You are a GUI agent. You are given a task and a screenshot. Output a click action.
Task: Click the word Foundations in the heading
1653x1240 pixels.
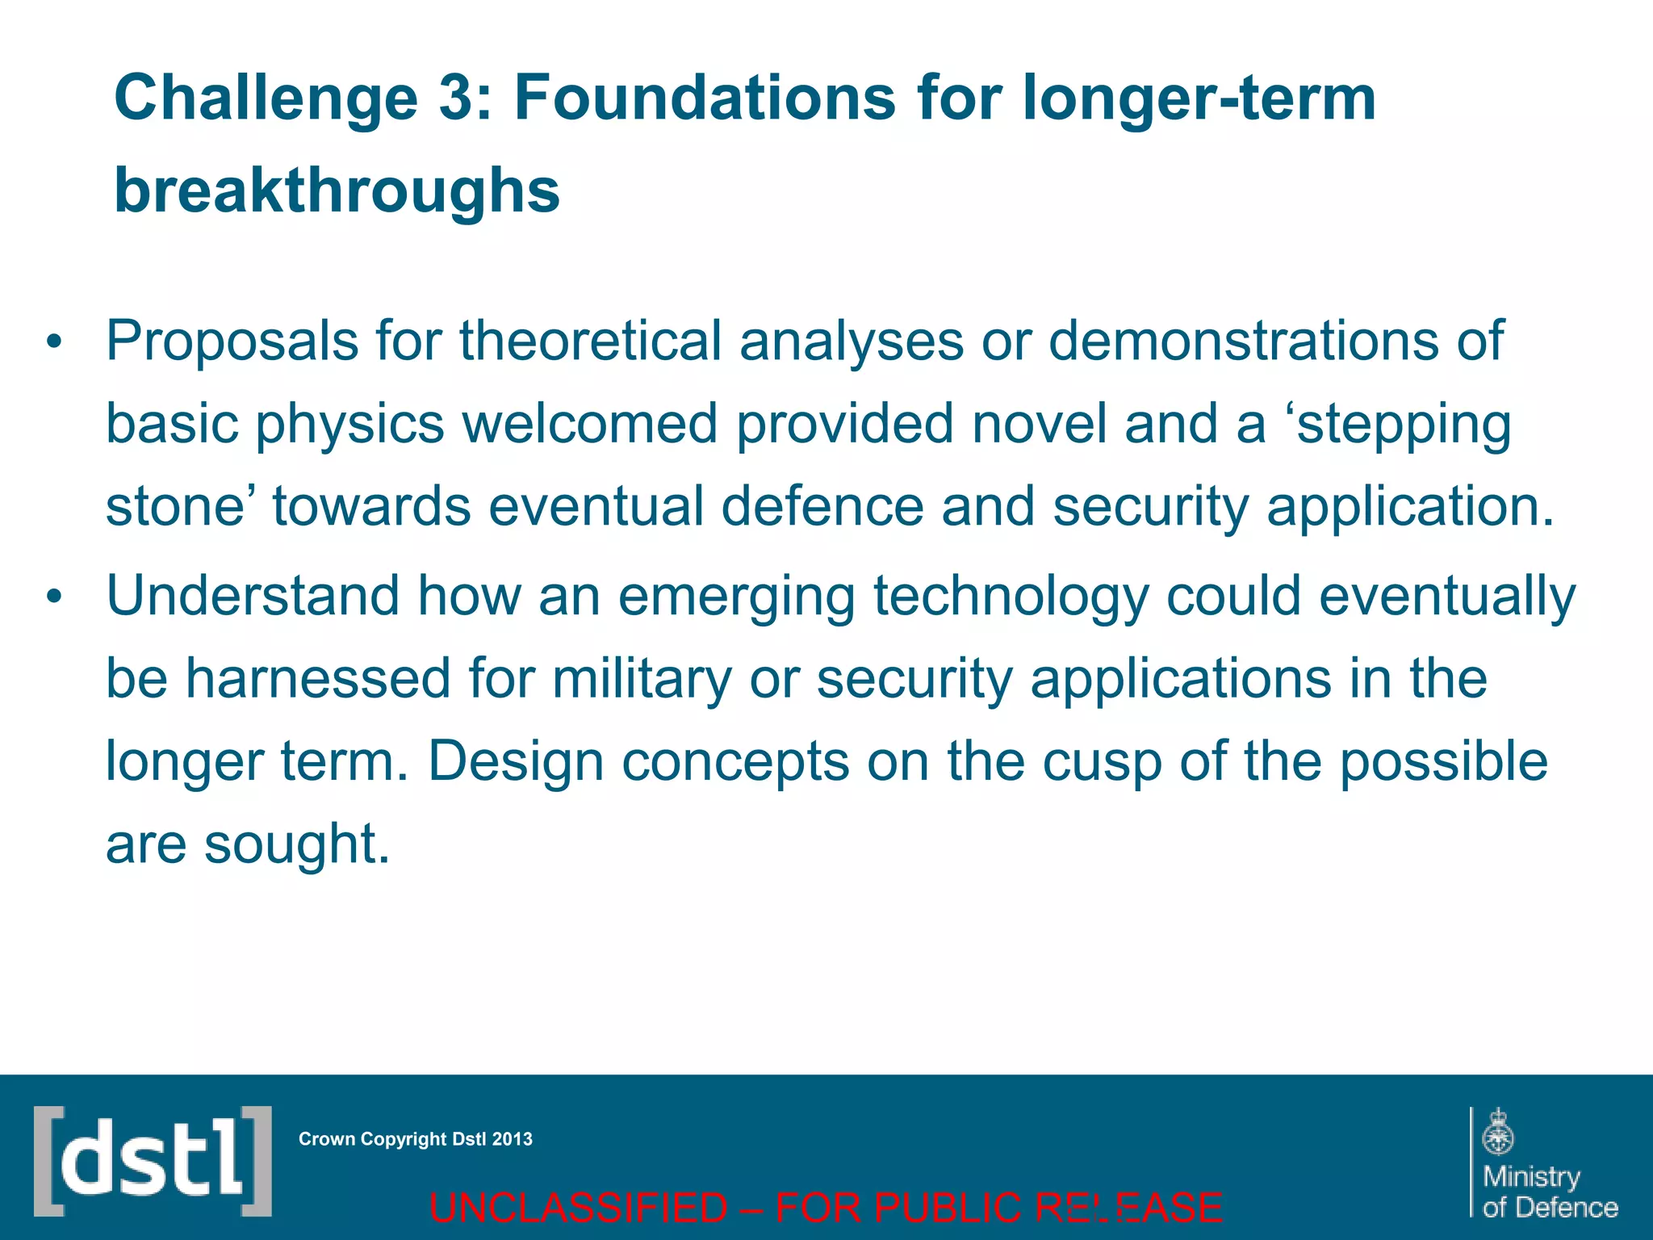pos(705,98)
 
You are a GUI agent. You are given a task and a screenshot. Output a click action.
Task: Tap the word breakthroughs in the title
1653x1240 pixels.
pos(337,191)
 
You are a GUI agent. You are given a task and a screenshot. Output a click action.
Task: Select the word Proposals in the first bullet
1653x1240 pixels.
pos(232,341)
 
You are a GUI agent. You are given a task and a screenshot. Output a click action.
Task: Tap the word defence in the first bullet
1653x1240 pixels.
pos(822,507)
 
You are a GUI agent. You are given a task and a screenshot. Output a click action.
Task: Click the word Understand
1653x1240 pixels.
pos(253,596)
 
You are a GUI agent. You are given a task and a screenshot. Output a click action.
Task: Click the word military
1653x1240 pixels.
pos(642,680)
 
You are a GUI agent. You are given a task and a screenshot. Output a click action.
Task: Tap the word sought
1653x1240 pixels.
pos(296,844)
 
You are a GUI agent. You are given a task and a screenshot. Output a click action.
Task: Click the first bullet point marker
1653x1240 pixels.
pos(54,342)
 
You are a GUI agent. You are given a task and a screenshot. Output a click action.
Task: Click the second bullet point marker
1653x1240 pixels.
pos(54,597)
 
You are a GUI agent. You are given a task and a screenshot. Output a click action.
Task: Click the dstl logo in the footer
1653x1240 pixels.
pos(153,1161)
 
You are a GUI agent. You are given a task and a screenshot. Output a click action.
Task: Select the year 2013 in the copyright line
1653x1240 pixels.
pos(513,1139)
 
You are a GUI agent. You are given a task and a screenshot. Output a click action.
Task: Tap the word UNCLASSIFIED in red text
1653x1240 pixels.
pos(578,1209)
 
